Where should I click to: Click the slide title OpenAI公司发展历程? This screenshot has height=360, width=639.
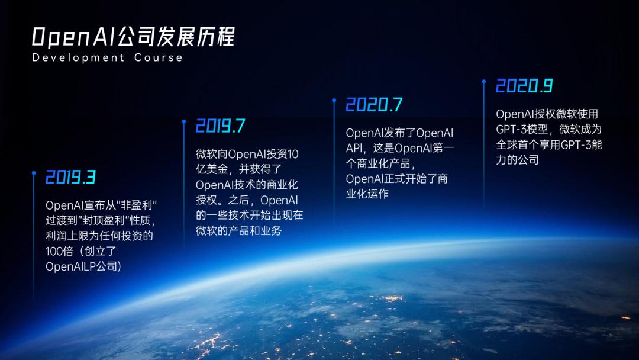coord(133,37)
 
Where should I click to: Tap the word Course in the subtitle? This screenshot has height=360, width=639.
coord(159,57)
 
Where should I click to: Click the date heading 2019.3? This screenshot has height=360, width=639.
coord(70,177)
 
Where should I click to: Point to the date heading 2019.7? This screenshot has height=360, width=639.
coord(220,126)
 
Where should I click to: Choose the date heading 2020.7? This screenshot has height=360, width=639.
coord(374,105)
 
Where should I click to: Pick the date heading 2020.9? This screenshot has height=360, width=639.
coord(524,86)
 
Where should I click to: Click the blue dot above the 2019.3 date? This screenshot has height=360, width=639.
coord(33,173)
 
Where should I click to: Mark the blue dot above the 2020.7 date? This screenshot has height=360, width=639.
coord(334,101)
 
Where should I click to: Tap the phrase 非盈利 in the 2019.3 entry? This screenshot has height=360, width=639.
coord(141,205)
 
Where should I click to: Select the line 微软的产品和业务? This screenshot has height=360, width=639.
coord(238,230)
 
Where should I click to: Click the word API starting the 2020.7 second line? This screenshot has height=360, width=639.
coord(356,148)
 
